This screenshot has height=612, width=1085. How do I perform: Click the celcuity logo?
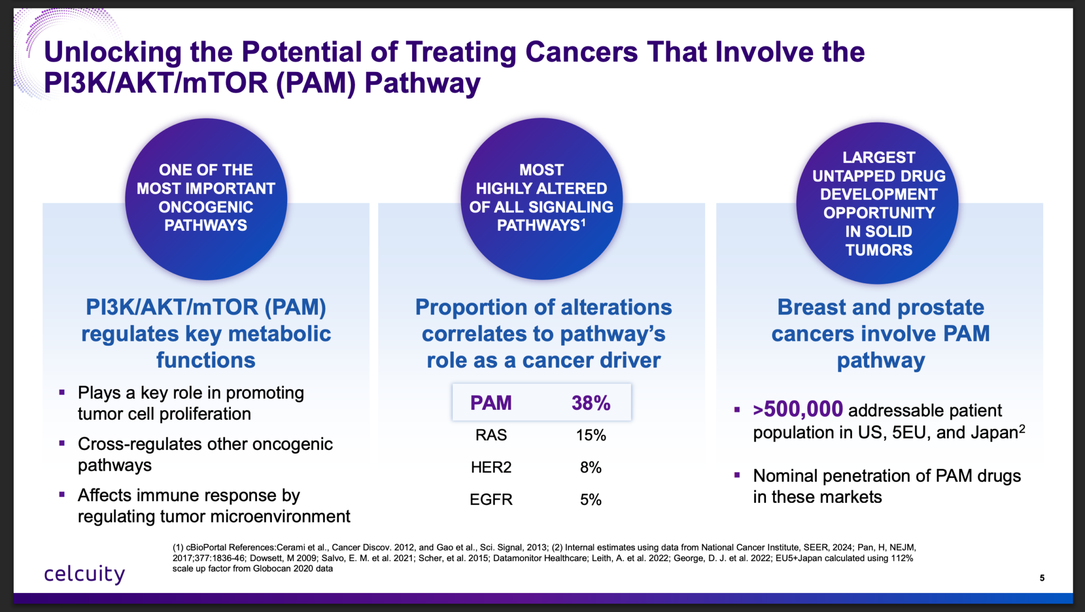pyautogui.click(x=84, y=574)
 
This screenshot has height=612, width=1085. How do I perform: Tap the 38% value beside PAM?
pyautogui.click(x=591, y=403)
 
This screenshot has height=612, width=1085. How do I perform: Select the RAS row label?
pyautogui.click(x=491, y=435)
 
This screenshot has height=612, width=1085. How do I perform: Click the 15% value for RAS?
pyautogui.click(x=591, y=435)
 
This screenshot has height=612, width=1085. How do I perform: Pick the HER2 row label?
pyautogui.click(x=491, y=467)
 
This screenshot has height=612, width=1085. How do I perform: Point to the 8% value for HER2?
pyautogui.click(x=591, y=467)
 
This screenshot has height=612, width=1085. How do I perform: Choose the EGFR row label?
pyautogui.click(x=491, y=499)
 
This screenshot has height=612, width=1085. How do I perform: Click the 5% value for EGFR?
pyautogui.click(x=591, y=499)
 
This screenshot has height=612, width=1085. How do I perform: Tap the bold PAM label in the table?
pyautogui.click(x=491, y=403)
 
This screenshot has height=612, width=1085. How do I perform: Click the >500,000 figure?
pyautogui.click(x=797, y=409)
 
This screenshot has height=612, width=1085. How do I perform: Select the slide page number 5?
pyautogui.click(x=1042, y=578)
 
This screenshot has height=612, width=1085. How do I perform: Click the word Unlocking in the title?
pyautogui.click(x=112, y=52)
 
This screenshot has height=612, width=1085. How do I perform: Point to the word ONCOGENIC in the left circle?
pyautogui.click(x=206, y=207)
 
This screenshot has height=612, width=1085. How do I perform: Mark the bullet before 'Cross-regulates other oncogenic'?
pyautogui.click(x=62, y=443)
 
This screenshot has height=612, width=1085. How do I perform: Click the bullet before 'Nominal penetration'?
pyautogui.click(x=737, y=475)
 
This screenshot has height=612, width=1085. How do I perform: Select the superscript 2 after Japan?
pyautogui.click(x=1022, y=429)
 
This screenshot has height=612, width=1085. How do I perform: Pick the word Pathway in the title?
pyautogui.click(x=422, y=83)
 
